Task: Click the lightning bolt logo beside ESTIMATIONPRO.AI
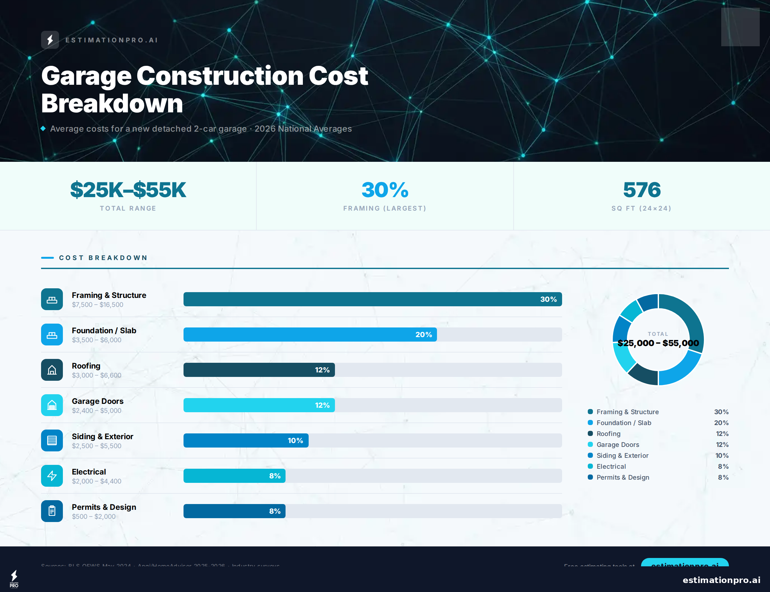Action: tap(50, 40)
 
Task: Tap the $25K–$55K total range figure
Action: tap(128, 190)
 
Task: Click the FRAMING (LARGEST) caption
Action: tap(385, 208)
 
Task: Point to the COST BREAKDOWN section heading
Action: tap(103, 257)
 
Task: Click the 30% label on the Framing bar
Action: tap(548, 299)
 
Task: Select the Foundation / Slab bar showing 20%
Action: tap(310, 335)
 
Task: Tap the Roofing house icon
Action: tap(52, 370)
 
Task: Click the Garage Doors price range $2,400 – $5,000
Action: tap(97, 411)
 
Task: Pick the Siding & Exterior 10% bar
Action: tap(246, 440)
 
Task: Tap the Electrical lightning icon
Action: tap(52, 476)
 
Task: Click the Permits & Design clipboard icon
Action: tap(52, 511)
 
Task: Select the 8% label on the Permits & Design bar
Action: tap(275, 511)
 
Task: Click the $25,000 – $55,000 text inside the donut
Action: tap(658, 343)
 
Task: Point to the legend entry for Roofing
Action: tap(608, 434)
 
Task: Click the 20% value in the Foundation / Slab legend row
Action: tap(721, 423)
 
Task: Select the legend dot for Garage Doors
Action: tap(590, 444)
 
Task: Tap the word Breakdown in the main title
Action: tap(112, 104)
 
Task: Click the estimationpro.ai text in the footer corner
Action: tap(721, 580)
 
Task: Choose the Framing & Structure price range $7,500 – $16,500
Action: tap(98, 305)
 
